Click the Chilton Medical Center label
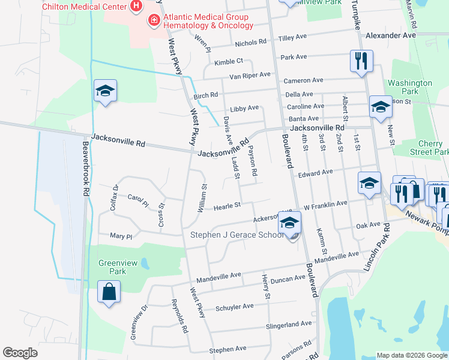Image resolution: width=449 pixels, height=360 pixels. click(84, 6)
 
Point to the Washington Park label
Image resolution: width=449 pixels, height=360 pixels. click(410, 88)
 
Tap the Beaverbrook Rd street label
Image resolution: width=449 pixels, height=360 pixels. click(85, 168)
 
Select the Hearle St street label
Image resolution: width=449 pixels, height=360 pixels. click(228, 205)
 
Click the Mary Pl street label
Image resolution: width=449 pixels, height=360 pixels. click(121, 236)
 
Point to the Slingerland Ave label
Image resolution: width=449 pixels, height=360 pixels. click(291, 324)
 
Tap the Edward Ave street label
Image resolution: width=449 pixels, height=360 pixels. click(315, 172)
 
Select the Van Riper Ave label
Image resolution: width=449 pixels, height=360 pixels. click(250, 76)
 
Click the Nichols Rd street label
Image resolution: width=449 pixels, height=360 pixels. click(250, 43)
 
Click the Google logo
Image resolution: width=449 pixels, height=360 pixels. click(20, 353)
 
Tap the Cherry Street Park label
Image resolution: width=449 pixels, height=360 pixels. click(430, 148)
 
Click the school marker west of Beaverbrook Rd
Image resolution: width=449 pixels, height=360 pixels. click(105, 91)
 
